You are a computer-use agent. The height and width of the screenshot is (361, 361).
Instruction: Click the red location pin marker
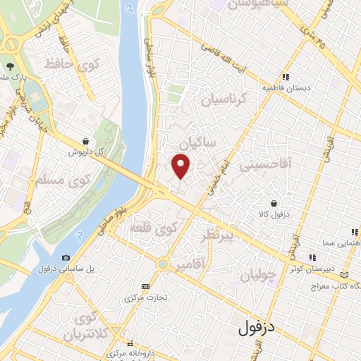(x=182, y=166)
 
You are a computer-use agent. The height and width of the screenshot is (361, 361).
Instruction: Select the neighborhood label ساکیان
(x=197, y=144)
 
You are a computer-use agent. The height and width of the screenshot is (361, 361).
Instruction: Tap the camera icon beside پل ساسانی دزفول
(x=66, y=257)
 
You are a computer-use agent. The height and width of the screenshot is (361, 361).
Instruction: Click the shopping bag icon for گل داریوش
(x=85, y=141)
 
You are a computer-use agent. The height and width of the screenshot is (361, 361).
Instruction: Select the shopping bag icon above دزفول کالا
(x=273, y=204)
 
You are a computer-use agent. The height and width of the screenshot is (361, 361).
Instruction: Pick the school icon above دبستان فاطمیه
(x=286, y=78)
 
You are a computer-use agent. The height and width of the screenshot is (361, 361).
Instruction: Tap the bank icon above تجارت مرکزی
(x=145, y=286)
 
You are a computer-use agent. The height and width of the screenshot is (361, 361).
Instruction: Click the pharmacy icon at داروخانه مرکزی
(x=110, y=343)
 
